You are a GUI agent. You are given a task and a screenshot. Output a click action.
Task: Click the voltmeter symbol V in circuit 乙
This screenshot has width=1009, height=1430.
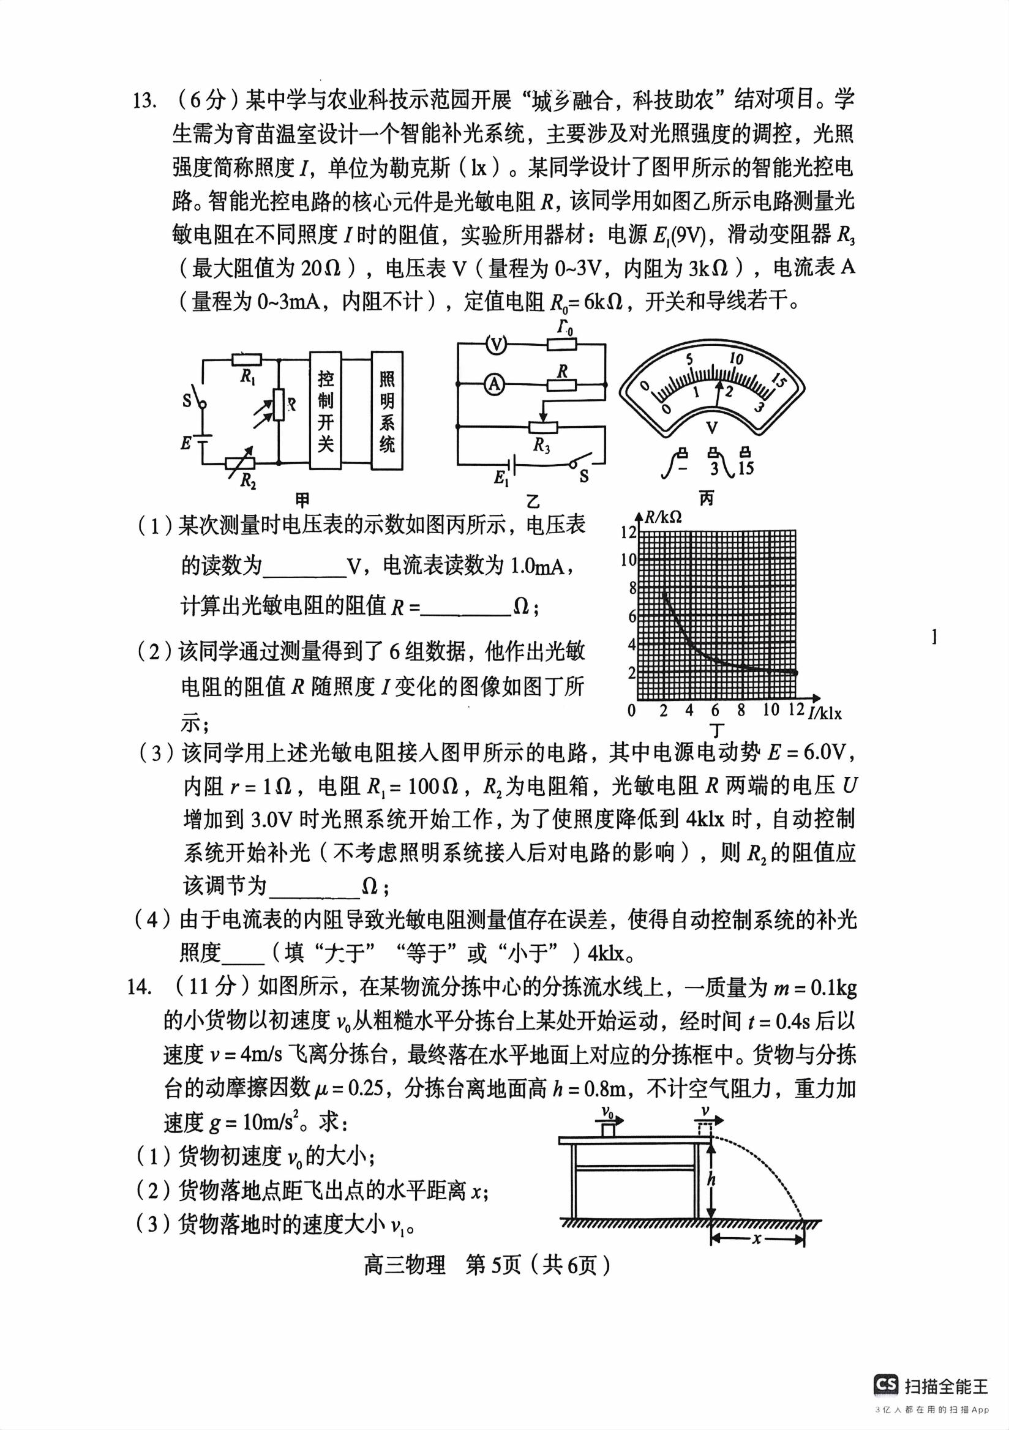click(x=496, y=344)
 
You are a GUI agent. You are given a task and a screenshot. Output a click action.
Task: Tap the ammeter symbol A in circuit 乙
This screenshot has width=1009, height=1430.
click(x=495, y=384)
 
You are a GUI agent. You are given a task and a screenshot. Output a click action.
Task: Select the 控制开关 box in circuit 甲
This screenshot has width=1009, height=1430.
click(x=326, y=411)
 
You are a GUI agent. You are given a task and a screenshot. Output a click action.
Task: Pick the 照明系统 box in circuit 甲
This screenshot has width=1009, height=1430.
click(x=387, y=411)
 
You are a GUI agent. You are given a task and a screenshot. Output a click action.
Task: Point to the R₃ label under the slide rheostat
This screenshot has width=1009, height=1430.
click(x=542, y=445)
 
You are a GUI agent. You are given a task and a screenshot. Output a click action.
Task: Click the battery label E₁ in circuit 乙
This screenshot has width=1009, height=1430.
click(x=501, y=477)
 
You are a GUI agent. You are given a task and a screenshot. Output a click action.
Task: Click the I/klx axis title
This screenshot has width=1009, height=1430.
click(x=825, y=712)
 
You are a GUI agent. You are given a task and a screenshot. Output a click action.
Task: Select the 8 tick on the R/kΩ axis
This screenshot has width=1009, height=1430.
click(x=632, y=588)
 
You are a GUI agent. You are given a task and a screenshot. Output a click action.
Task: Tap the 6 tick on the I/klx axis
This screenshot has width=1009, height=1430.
click(x=715, y=710)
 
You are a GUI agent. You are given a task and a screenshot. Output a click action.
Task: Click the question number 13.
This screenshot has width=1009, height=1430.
click(x=143, y=100)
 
